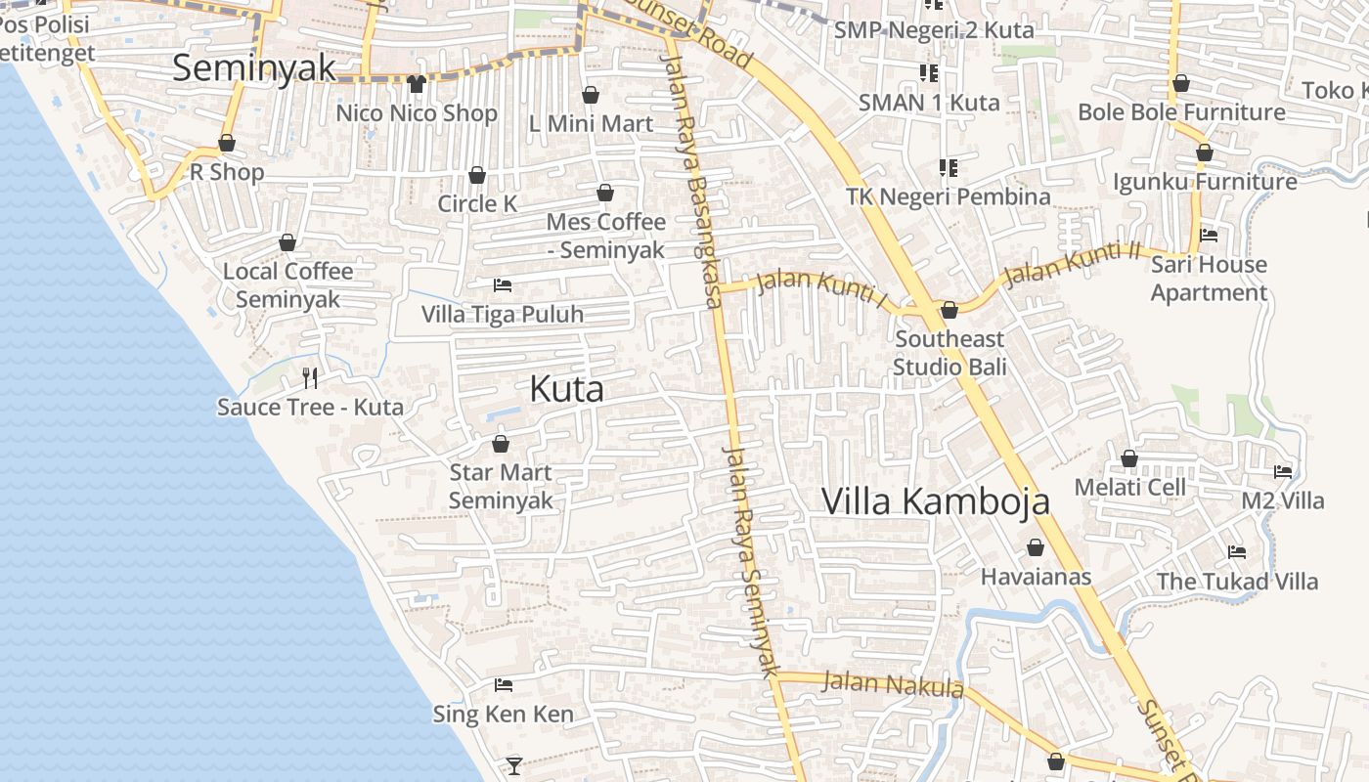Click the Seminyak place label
coord(254,67)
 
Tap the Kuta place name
coord(566,389)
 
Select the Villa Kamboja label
coord(936,501)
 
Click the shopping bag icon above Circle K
coord(477,175)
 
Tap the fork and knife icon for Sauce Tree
coord(310,377)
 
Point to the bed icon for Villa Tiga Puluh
coord(503,285)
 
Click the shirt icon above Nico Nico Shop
coord(417,84)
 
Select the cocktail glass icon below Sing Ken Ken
coord(514,765)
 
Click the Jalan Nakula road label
coord(893,683)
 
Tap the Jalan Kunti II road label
coord(1073,262)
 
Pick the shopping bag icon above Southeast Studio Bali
coord(949,310)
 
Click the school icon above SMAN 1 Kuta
coord(928,72)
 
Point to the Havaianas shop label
coord(1036,577)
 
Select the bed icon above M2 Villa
coord(1283,471)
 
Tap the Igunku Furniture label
coord(1205,182)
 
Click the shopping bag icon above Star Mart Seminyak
coord(501,444)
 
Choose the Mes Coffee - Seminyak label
coord(605,236)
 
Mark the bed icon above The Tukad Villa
coord(1237,552)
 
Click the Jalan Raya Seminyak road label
coord(749,561)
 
